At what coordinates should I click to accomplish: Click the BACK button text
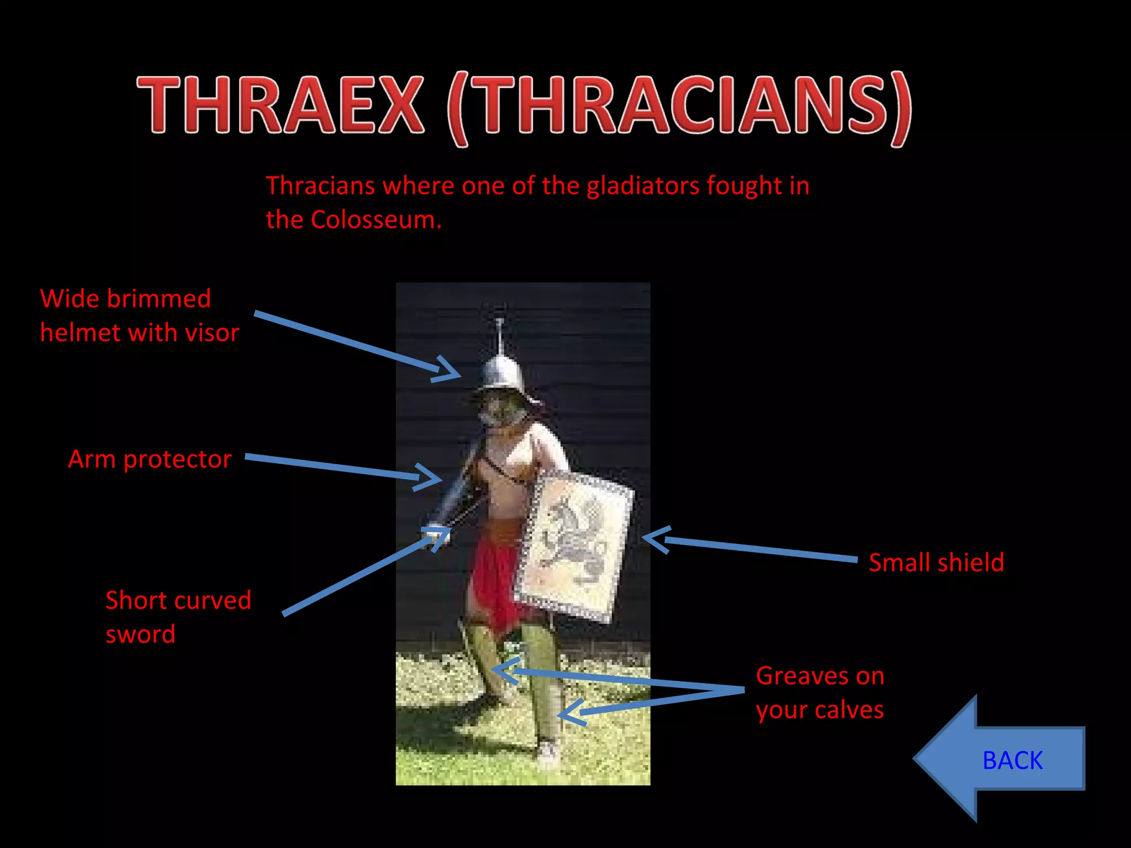pos(1012,760)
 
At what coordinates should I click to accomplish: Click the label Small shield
pos(936,563)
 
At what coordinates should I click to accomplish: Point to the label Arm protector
pos(150,459)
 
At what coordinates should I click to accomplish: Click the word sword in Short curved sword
pos(140,634)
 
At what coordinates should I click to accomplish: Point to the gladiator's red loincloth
pos(497,585)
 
